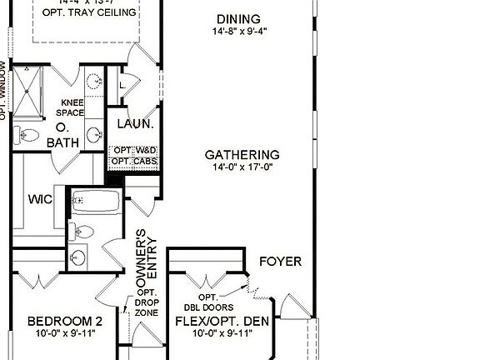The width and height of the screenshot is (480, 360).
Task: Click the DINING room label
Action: tap(237, 19)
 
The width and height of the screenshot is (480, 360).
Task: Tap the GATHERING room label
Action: tap(242, 155)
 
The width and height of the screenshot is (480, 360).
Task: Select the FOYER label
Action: tap(280, 262)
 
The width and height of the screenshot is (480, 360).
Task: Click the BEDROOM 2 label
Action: tap(64, 321)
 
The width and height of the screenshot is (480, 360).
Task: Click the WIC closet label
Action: tap(41, 200)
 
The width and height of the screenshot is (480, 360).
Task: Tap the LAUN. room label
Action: tap(135, 124)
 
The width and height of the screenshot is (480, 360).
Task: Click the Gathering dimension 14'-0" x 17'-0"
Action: tap(242, 167)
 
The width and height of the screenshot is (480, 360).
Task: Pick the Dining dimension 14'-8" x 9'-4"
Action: tap(237, 32)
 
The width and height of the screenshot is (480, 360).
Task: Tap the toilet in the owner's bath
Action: tap(28, 137)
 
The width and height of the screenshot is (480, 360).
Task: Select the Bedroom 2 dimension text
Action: tap(64, 333)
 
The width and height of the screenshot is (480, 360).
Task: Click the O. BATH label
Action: tap(63, 135)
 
